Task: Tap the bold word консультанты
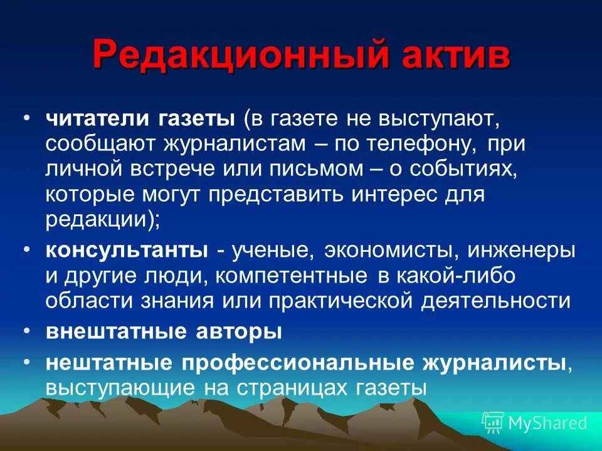coord(127,249)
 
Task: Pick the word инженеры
coord(526,249)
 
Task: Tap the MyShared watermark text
coord(547,423)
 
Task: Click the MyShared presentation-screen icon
coord(493,422)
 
